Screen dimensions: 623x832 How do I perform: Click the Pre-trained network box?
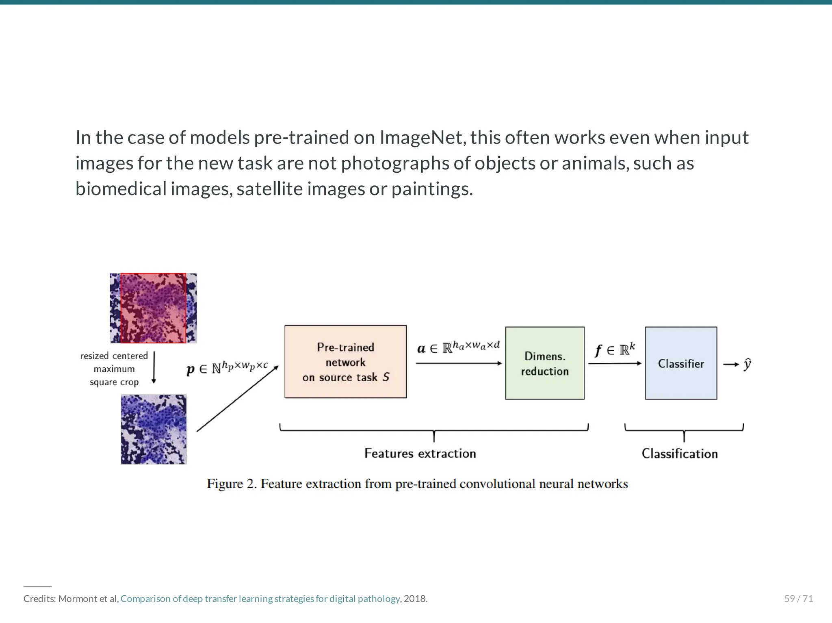coord(345,362)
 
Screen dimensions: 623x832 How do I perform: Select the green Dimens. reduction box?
coord(545,363)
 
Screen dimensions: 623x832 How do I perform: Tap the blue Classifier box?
coord(681,363)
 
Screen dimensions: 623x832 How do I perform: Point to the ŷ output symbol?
coord(747,365)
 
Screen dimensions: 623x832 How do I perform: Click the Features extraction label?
coord(420,453)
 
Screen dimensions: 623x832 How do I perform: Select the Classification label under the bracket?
coord(680,454)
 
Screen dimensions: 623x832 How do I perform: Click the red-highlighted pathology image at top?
coord(153,308)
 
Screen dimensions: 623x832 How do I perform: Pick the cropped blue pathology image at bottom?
coord(154,429)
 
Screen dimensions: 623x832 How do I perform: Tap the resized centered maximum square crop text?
coord(114,369)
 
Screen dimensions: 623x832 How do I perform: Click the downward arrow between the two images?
coord(154,368)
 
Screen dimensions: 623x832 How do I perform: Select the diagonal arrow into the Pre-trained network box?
coord(238,398)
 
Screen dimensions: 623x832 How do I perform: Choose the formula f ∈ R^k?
coord(615,349)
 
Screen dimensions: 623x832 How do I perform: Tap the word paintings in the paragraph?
coord(432,189)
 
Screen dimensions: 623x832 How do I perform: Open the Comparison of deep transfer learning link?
coord(260,599)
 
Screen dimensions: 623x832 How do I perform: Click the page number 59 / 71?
coord(798,599)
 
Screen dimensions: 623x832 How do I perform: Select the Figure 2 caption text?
coord(417,484)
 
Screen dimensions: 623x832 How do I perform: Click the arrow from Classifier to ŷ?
coord(731,365)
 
